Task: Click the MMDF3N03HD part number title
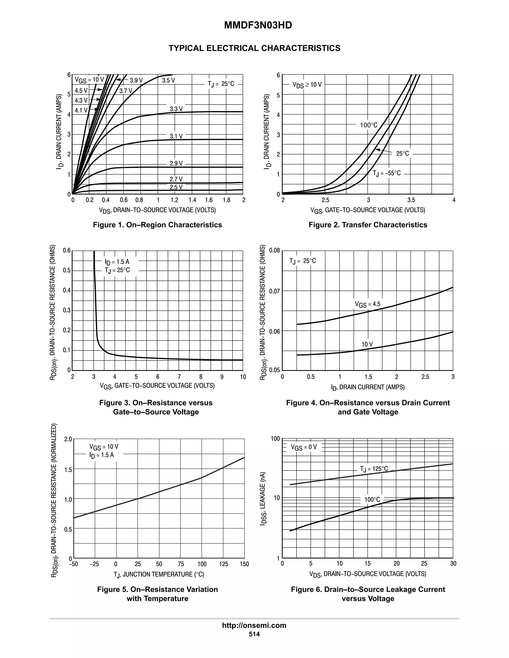click(258, 25)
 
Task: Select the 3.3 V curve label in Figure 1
click(176, 109)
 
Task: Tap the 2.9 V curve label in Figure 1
click(176, 164)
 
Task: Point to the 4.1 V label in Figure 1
click(81, 110)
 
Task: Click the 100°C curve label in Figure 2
click(369, 125)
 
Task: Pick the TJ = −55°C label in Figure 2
click(386, 173)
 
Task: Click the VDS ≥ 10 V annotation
click(307, 85)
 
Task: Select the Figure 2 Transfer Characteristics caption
click(368, 225)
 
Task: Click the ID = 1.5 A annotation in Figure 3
click(117, 262)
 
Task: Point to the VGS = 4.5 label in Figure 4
click(368, 304)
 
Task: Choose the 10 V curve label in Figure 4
click(367, 344)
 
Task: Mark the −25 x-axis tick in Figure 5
click(94, 564)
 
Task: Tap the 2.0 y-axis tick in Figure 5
click(68, 439)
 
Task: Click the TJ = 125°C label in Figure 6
click(374, 469)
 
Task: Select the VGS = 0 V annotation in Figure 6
click(304, 447)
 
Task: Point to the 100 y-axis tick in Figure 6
click(275, 439)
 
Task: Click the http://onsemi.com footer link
click(254, 625)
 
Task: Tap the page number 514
click(254, 634)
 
